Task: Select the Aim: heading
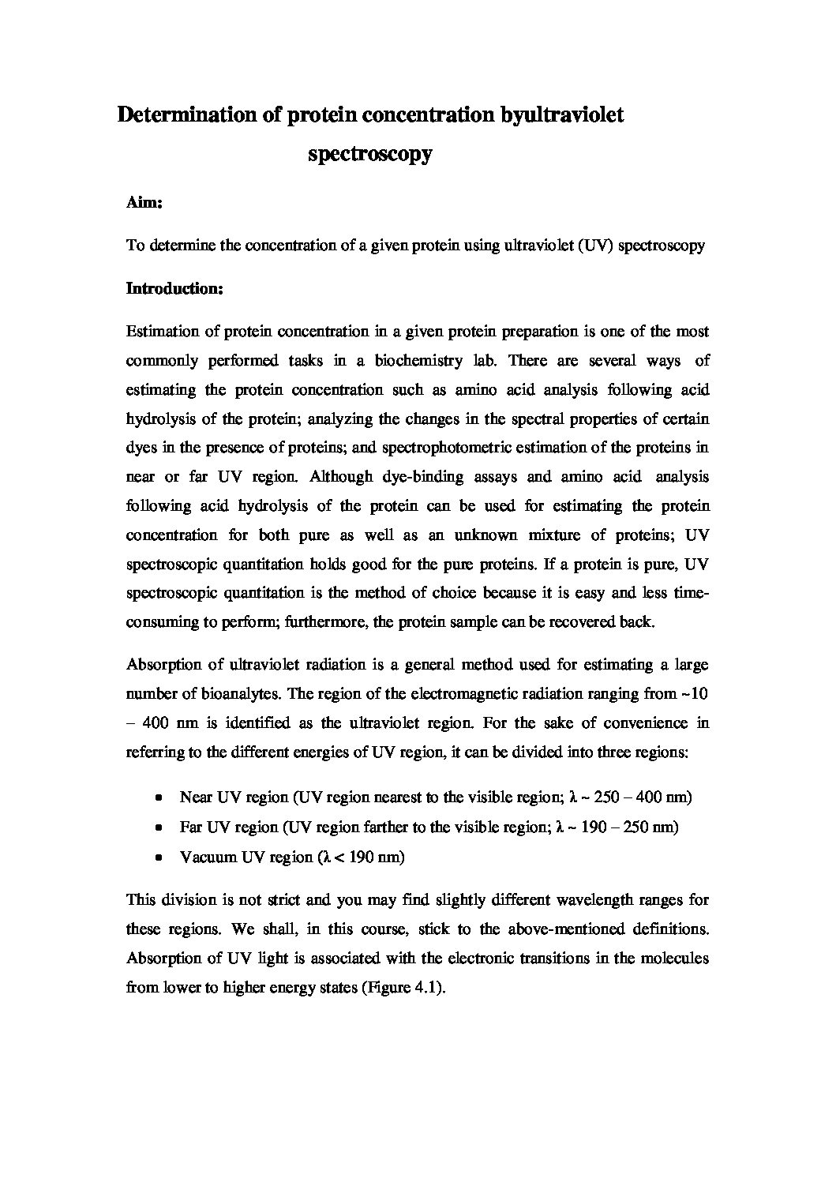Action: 144,203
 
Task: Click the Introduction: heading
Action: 175,289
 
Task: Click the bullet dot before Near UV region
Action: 160,797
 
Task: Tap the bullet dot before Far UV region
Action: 160,827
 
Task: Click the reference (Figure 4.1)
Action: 403,987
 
